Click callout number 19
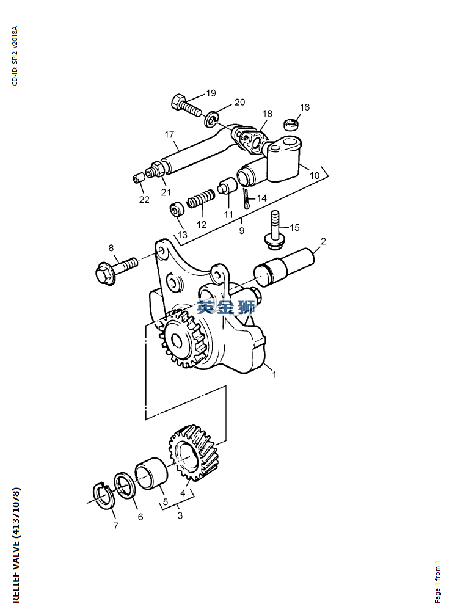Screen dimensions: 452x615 [x=211, y=93]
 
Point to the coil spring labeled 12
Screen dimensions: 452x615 [x=200, y=198]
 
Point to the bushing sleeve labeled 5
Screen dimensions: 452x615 [x=151, y=473]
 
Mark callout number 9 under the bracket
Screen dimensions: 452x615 [x=242, y=231]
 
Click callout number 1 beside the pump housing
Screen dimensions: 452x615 [x=275, y=374]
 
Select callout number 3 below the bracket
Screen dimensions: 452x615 [x=180, y=515]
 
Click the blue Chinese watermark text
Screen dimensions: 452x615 [x=226, y=307]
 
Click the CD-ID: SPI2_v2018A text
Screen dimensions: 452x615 [x=15, y=56]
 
